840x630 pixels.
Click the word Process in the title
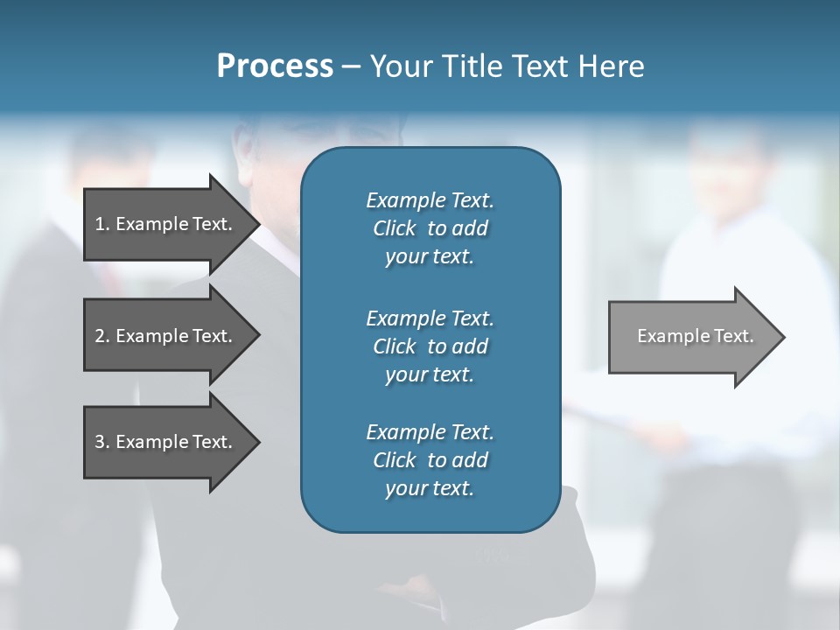(x=275, y=66)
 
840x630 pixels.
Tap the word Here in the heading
(x=612, y=66)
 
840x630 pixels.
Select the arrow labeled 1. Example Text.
(x=162, y=224)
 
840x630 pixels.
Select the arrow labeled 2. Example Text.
(x=162, y=336)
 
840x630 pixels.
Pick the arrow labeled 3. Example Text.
(x=162, y=442)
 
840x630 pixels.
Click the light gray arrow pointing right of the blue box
(x=691, y=337)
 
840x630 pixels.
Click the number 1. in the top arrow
(x=102, y=224)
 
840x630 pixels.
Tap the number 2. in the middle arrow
(x=102, y=336)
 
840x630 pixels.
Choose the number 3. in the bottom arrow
(x=102, y=442)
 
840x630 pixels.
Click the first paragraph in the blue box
(x=430, y=228)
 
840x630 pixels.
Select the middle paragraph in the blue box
(x=430, y=346)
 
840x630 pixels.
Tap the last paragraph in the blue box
(x=430, y=460)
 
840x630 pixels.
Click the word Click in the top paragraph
(x=394, y=228)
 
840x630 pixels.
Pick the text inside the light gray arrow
(x=695, y=336)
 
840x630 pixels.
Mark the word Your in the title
(x=399, y=66)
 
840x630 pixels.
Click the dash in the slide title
(x=351, y=66)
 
